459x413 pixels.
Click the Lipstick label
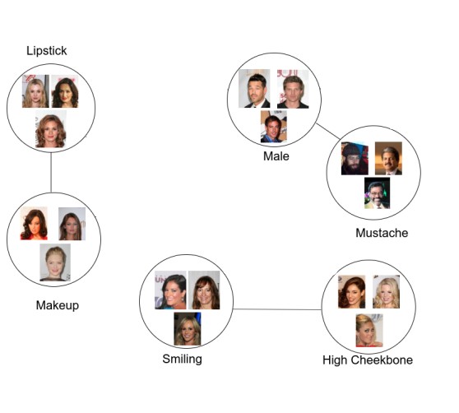pyautogui.click(x=47, y=51)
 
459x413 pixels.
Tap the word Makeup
pyautogui.click(x=58, y=305)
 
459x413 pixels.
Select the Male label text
pyautogui.click(x=276, y=156)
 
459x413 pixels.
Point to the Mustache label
pyautogui.click(x=382, y=233)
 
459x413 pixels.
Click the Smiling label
pyautogui.click(x=182, y=360)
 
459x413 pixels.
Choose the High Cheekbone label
pyautogui.click(x=368, y=360)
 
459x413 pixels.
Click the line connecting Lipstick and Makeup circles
pyautogui.click(x=51, y=173)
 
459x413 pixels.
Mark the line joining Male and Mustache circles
pyautogui.click(x=328, y=131)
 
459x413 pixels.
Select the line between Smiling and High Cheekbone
pyautogui.click(x=277, y=309)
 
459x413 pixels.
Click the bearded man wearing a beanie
pyautogui.click(x=355, y=158)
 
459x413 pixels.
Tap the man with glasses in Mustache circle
pyautogui.click(x=377, y=193)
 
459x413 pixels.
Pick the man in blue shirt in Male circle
pyautogui.click(x=274, y=127)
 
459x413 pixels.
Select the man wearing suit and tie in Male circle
pyautogui.click(x=254, y=88)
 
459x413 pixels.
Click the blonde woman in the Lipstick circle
pyautogui.click(x=35, y=91)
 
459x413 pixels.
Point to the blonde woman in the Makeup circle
pyautogui.click(x=55, y=262)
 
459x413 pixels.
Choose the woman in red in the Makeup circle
pyautogui.click(x=34, y=223)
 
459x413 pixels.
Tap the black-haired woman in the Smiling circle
pyautogui.click(x=170, y=290)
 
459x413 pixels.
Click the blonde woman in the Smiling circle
pyautogui.click(x=188, y=329)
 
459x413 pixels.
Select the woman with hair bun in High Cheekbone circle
pyautogui.click(x=369, y=331)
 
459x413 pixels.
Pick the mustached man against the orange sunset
pyautogui.click(x=388, y=158)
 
